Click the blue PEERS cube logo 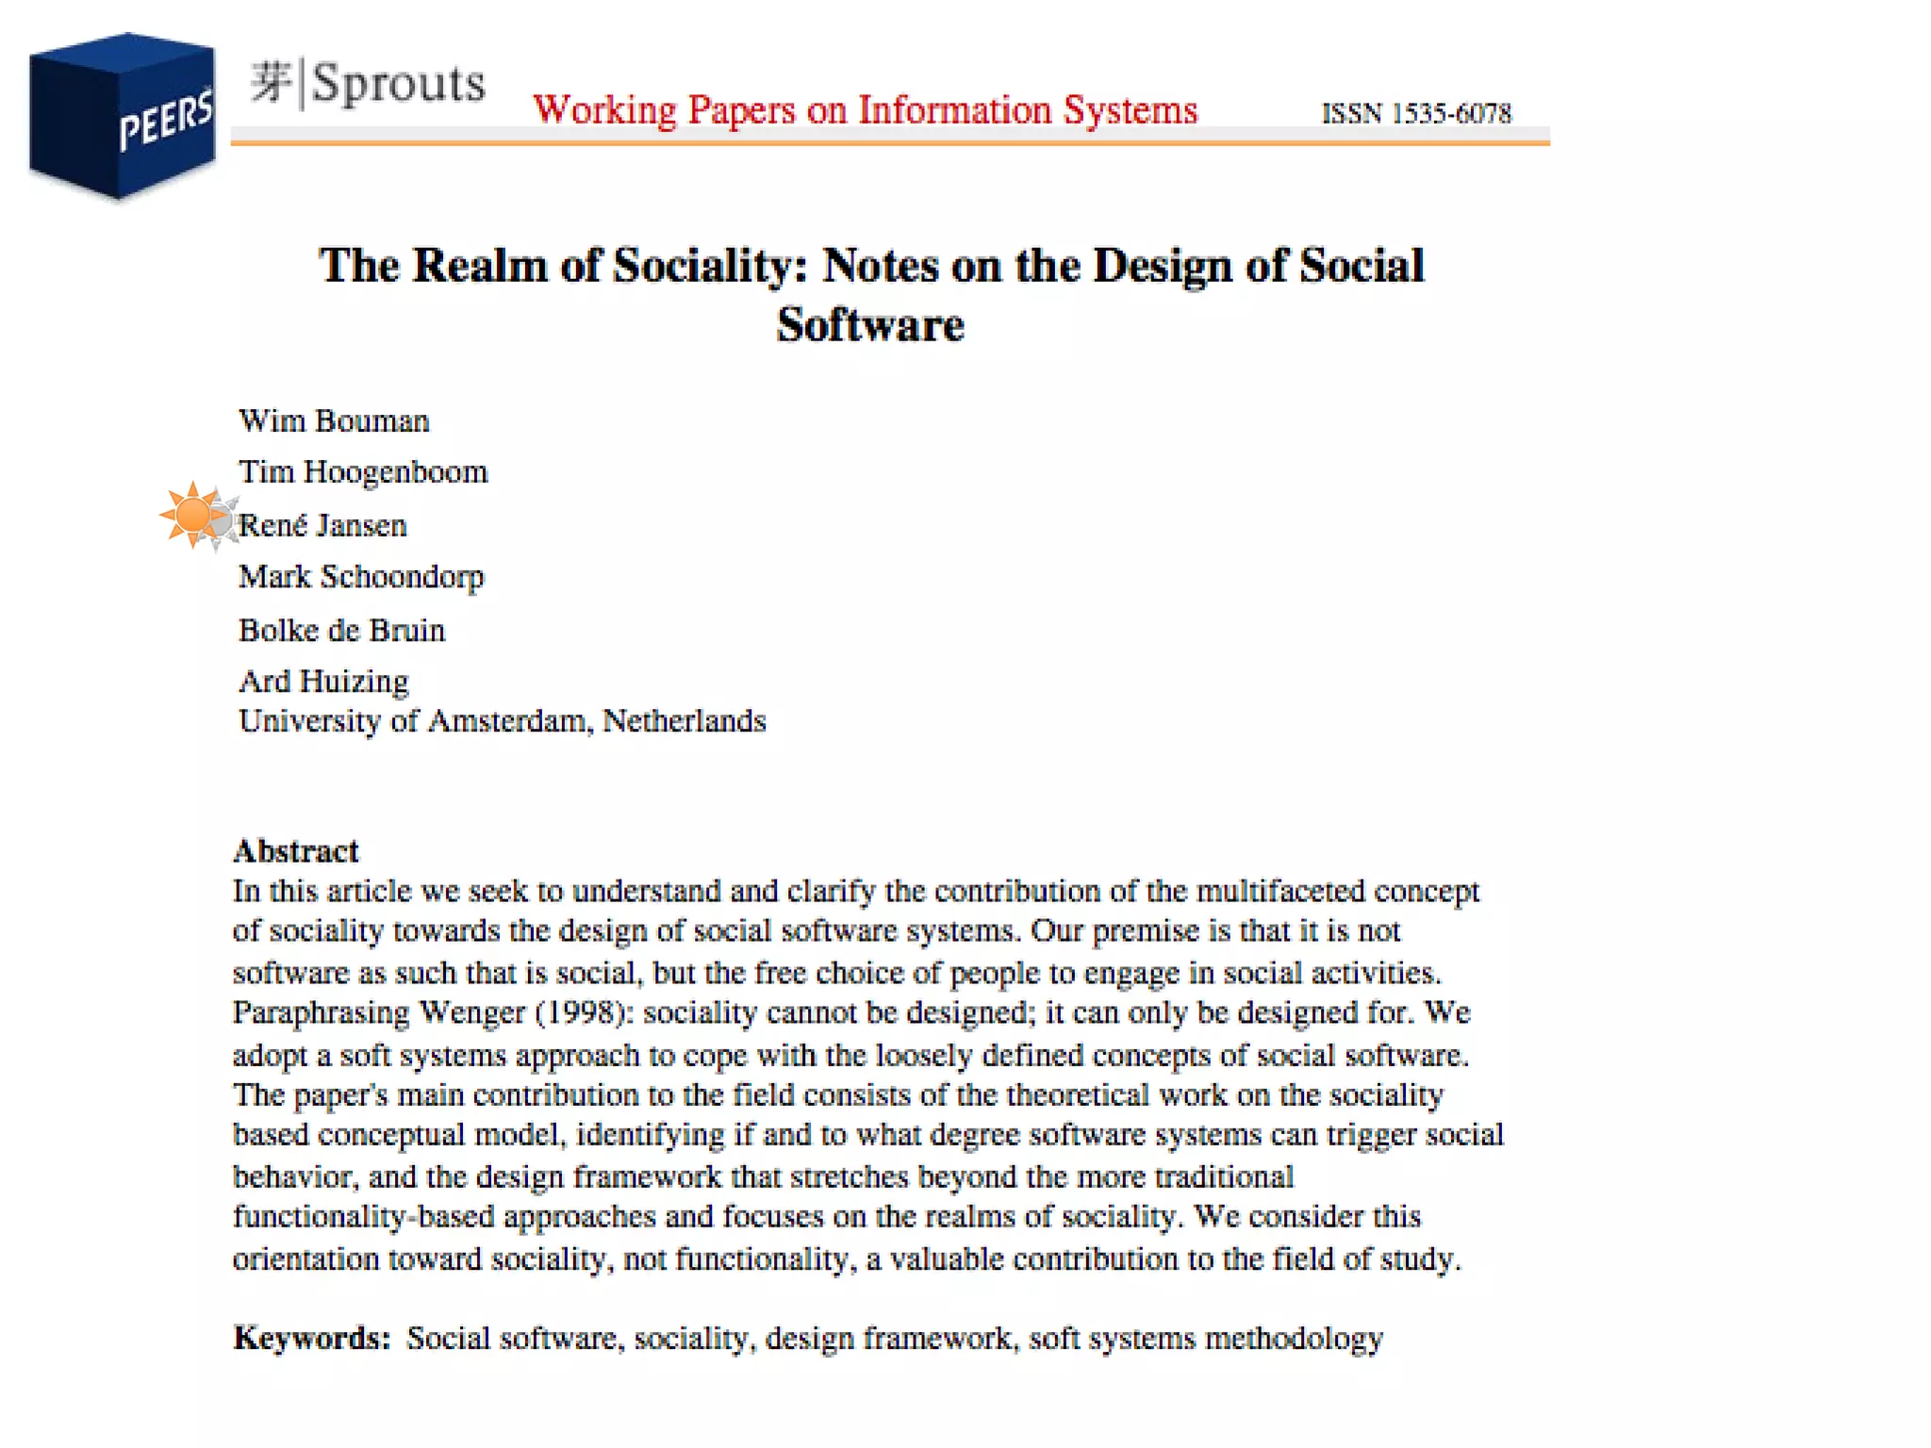123,116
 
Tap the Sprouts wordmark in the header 368,83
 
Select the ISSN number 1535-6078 1416,114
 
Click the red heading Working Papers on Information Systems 865,110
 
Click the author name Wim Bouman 334,420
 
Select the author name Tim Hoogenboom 363,471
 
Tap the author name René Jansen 322,525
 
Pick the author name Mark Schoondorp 361,576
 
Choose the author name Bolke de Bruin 341,630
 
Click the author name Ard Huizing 323,681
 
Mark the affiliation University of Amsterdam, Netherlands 502,721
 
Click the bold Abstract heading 296,851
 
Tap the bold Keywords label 312,1338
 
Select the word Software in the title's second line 870,325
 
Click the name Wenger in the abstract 471,1012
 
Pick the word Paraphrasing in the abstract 322,1013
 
